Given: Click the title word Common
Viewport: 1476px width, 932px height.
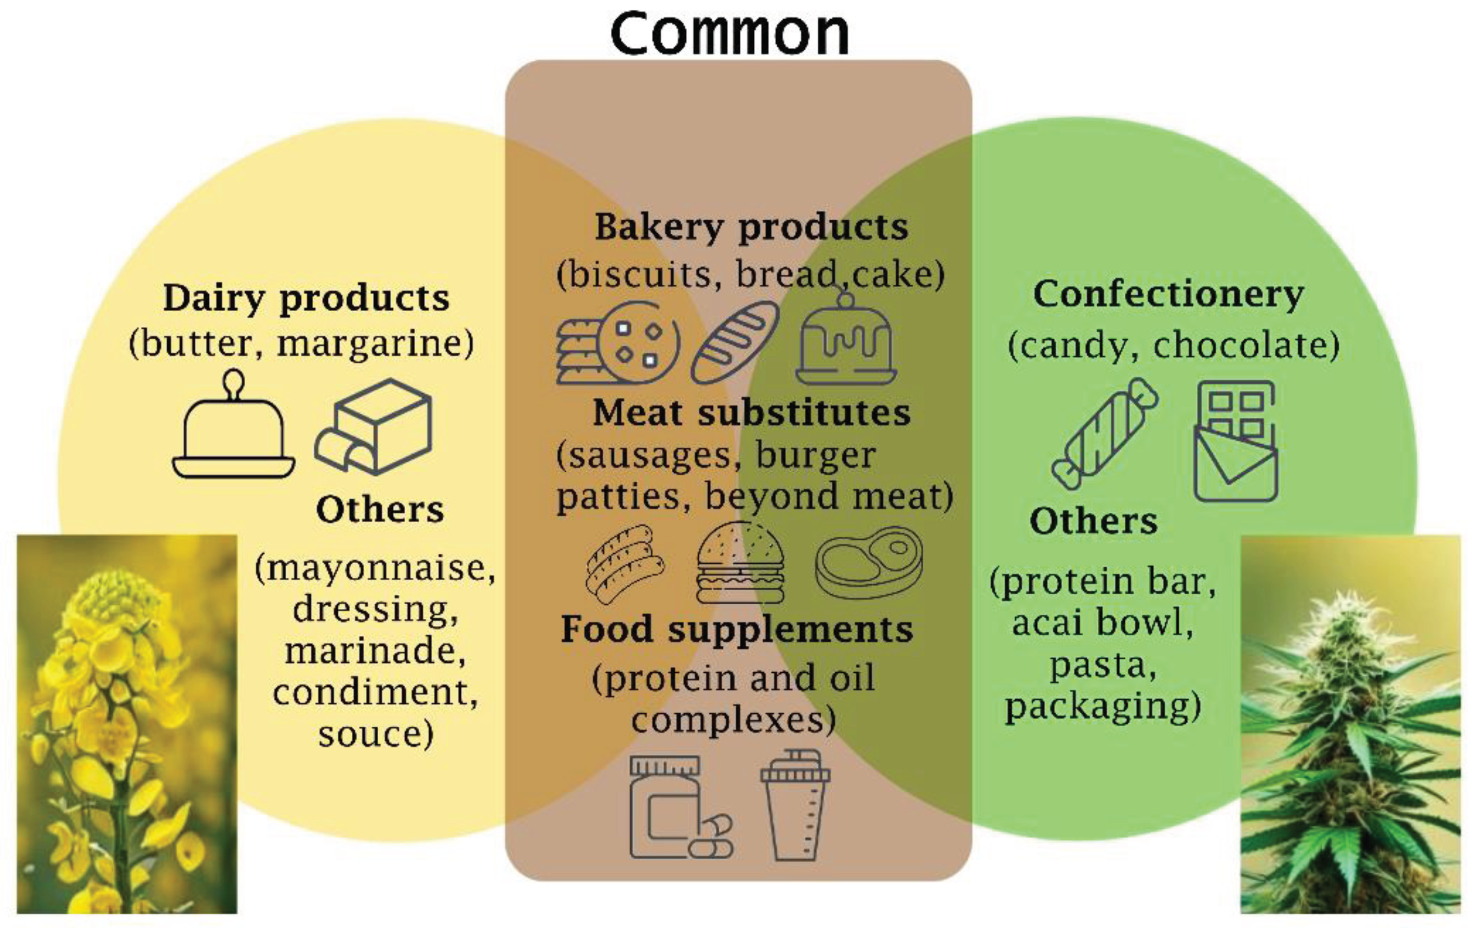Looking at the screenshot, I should pyautogui.click(x=729, y=33).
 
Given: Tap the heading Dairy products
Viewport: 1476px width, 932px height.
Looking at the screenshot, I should pyautogui.click(x=306, y=298).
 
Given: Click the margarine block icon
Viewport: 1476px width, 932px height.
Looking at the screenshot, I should pyautogui.click(x=375, y=427).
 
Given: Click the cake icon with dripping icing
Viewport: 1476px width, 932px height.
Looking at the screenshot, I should pyautogui.click(x=846, y=340).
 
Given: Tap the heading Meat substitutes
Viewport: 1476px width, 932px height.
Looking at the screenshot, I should pyautogui.click(x=751, y=412).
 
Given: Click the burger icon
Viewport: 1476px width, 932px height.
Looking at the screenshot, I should pyautogui.click(x=740, y=563).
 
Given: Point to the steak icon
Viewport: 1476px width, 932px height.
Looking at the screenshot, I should pyautogui.click(x=869, y=562).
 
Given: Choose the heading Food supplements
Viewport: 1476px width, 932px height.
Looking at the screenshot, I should pyautogui.click(x=737, y=629).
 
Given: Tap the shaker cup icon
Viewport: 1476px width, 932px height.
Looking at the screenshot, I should pyautogui.click(x=795, y=805).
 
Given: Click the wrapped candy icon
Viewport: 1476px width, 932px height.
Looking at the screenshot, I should pyautogui.click(x=1105, y=434).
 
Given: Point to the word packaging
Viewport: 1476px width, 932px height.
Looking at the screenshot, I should pyautogui.click(x=1101, y=705).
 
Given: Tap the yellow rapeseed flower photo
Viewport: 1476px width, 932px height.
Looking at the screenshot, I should pyautogui.click(x=127, y=724).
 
